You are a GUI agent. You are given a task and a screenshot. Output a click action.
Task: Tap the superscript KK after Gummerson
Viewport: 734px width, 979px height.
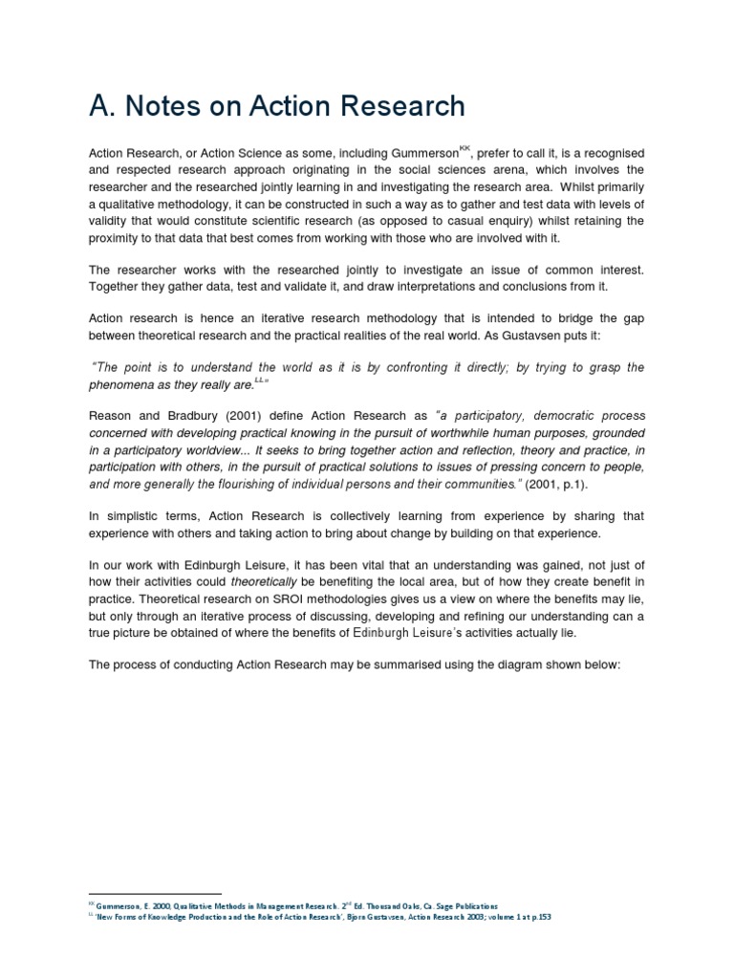465,149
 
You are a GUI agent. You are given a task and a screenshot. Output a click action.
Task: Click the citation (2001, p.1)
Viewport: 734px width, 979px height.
564,485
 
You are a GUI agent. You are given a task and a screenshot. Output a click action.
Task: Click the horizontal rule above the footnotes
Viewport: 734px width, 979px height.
154,893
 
